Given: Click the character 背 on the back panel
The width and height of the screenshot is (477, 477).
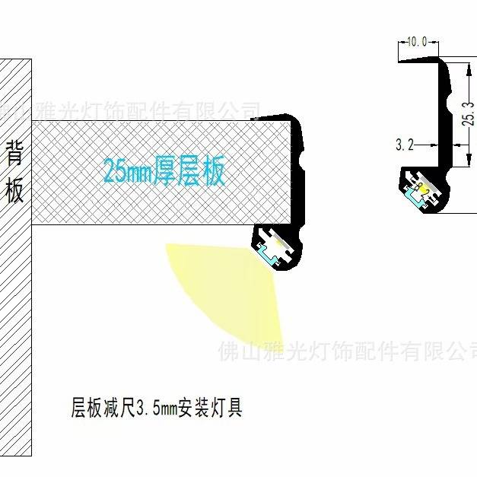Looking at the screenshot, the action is pos(15,153).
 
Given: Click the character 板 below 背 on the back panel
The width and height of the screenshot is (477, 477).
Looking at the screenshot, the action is pos(15,190).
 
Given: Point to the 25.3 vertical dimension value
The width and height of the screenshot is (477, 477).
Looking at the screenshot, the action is pos(469,114).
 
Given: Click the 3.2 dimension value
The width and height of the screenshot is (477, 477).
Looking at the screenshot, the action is pos(405,144).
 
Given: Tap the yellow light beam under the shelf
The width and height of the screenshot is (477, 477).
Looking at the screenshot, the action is pos(228,289).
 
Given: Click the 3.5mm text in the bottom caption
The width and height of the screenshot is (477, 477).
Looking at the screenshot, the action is pos(155,410).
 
